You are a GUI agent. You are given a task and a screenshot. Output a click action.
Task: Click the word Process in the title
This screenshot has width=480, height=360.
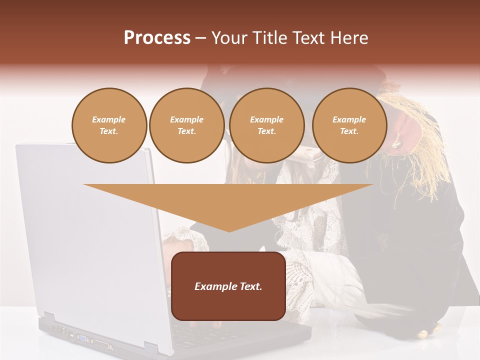(x=157, y=38)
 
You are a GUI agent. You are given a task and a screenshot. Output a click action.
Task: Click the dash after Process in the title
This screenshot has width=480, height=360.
(x=200, y=39)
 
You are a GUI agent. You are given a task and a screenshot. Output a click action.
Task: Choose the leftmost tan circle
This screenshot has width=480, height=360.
(x=109, y=125)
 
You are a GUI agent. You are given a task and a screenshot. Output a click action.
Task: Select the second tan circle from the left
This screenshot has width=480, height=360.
(x=186, y=125)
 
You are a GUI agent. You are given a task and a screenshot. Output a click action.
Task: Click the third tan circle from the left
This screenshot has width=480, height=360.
(x=266, y=125)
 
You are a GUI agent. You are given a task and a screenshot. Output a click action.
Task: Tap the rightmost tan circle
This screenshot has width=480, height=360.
(x=349, y=125)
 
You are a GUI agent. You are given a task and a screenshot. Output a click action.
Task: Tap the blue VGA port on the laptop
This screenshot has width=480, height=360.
(x=82, y=338)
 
